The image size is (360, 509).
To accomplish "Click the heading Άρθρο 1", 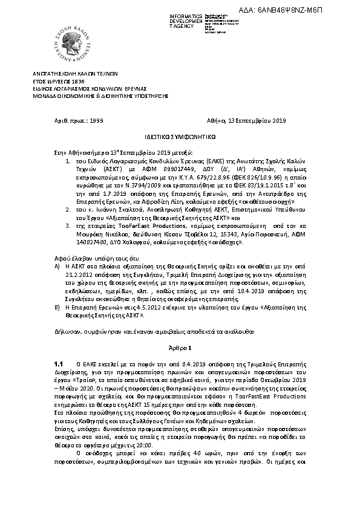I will coord(180,348).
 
